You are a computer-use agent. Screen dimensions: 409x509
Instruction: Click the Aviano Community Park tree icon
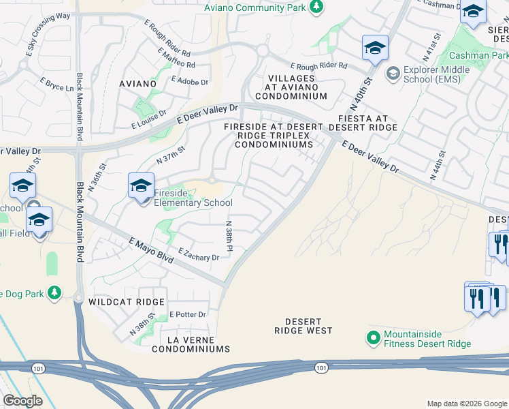(x=316, y=7)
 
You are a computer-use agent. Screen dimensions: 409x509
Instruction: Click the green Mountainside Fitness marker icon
(x=373, y=337)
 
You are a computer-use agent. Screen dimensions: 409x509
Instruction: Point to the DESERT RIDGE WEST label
(x=303, y=325)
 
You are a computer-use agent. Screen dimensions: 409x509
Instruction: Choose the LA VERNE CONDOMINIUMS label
(x=191, y=344)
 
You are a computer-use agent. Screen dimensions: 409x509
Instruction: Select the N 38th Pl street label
(x=229, y=235)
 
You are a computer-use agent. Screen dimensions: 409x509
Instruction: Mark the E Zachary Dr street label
(x=199, y=255)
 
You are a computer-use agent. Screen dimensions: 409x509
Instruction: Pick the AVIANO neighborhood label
(x=137, y=84)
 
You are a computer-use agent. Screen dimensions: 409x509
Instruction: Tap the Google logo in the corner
(x=22, y=401)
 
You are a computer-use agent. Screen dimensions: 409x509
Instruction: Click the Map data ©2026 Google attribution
(x=466, y=404)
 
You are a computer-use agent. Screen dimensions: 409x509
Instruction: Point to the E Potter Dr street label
(x=187, y=314)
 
